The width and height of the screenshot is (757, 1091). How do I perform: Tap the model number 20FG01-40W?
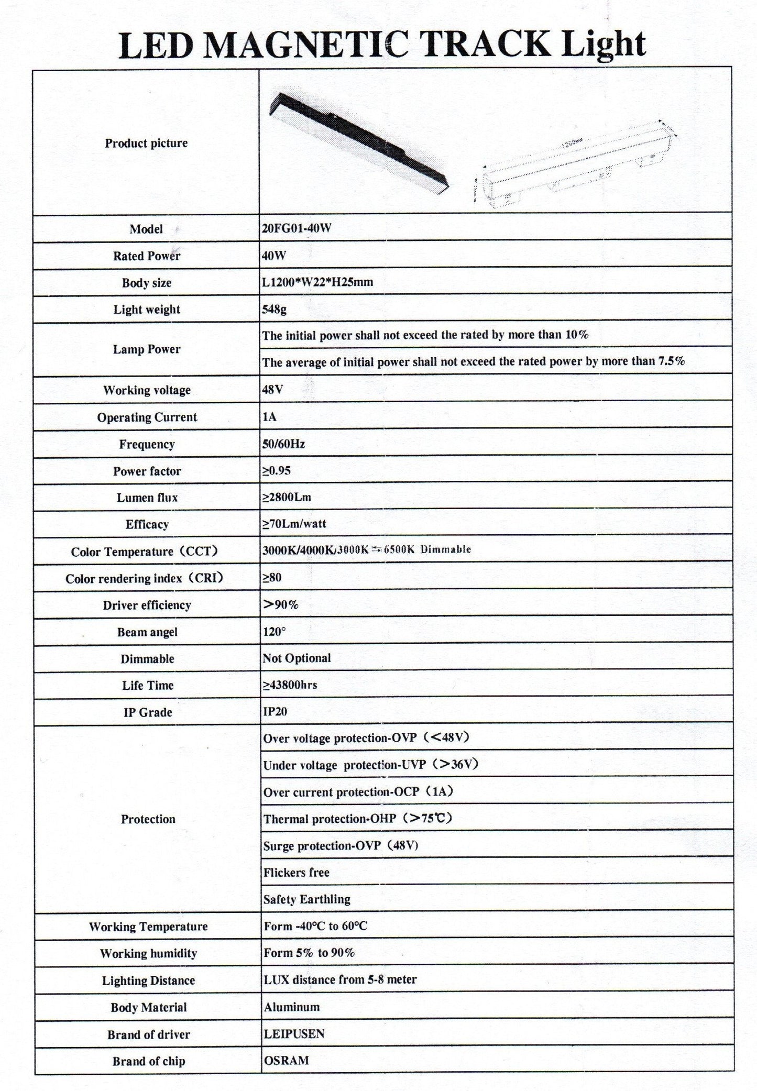point(297,229)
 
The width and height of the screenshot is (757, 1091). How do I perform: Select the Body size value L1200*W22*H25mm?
point(317,282)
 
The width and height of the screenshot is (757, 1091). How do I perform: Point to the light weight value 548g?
point(274,309)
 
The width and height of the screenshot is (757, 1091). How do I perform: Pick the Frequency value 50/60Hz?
point(283,444)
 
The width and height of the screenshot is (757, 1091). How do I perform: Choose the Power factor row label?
point(147,471)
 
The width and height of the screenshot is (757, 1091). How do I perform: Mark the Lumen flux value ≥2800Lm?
point(287,497)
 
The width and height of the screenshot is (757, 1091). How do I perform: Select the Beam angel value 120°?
point(274,632)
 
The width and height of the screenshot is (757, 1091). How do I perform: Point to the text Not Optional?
point(297,658)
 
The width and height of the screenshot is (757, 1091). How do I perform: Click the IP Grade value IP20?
point(275,712)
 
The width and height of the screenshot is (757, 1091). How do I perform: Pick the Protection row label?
point(148,819)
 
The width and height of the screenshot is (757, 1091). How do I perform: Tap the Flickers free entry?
point(297,873)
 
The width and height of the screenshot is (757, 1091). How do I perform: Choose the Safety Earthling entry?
point(306,899)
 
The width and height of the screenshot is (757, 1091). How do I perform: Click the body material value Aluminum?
point(292,1007)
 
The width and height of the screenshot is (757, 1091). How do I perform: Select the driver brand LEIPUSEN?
point(294,1033)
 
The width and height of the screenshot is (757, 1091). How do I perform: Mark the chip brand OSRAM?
point(286,1061)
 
